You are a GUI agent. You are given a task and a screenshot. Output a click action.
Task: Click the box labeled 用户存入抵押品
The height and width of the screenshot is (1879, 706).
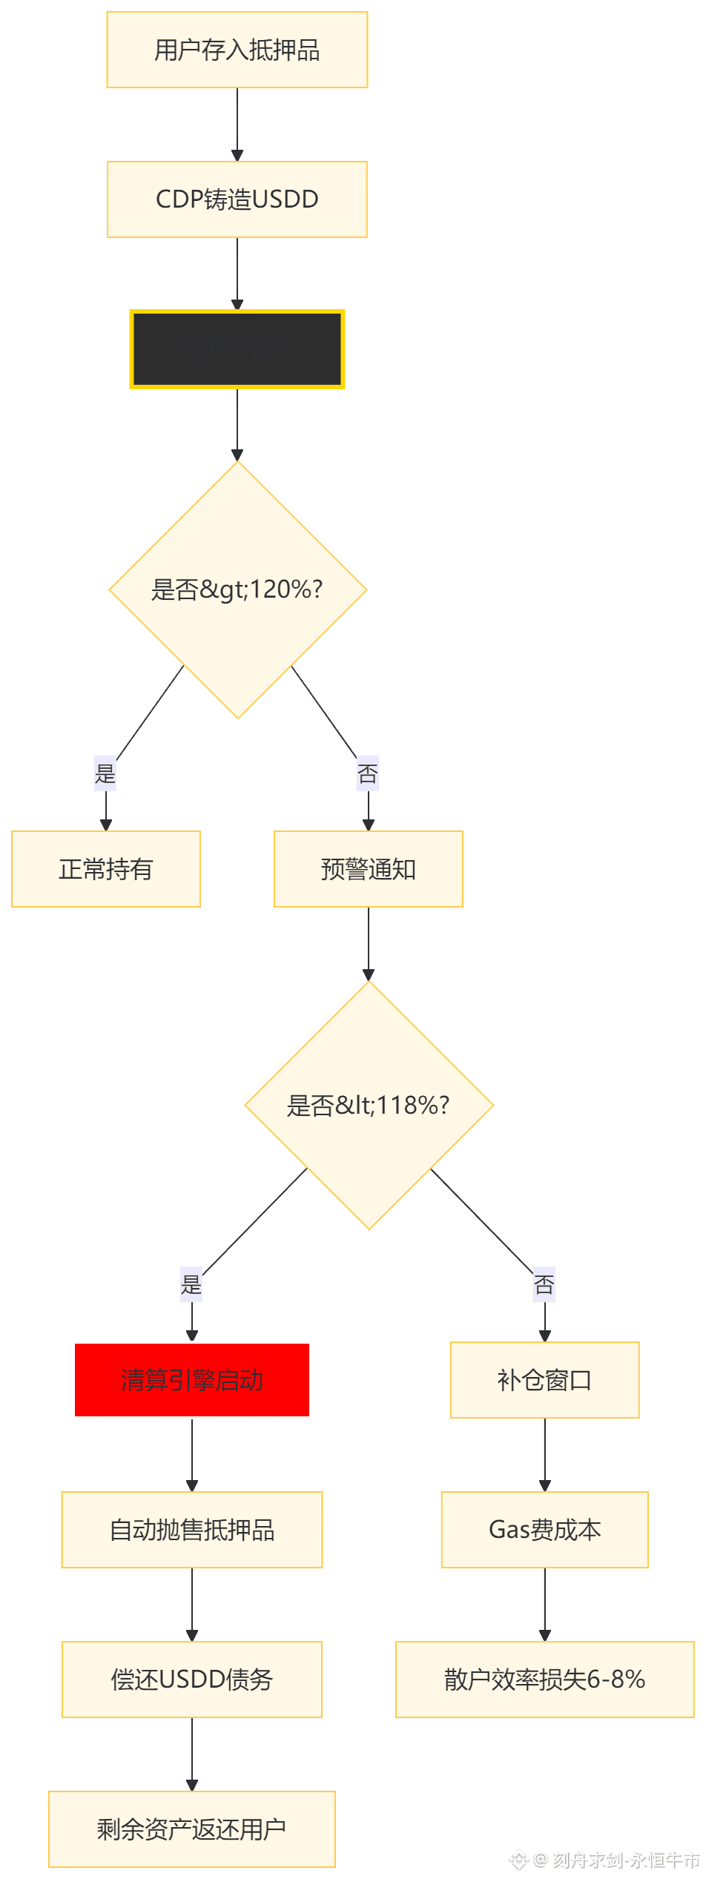(237, 50)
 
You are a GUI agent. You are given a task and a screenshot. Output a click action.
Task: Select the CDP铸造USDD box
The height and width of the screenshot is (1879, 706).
(237, 199)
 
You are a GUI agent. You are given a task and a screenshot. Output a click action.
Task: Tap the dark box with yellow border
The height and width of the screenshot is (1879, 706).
(237, 349)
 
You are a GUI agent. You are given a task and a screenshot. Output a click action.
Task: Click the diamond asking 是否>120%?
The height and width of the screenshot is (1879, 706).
(237, 590)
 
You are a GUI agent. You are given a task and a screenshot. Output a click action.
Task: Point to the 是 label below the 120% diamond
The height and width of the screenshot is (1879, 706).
(105, 773)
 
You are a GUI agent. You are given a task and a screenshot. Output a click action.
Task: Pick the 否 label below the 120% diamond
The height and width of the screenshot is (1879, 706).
(368, 773)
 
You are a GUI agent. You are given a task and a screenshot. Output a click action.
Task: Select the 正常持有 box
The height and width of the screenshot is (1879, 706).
(106, 869)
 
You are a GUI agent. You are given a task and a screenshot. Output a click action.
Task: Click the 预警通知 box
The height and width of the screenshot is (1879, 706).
(368, 869)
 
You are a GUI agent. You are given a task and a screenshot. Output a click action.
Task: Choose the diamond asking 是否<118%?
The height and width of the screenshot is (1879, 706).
(369, 1105)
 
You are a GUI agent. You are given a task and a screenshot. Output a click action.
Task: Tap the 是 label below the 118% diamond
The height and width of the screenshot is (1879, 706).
(191, 1284)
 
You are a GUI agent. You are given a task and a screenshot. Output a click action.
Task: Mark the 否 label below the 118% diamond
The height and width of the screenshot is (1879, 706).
(544, 1284)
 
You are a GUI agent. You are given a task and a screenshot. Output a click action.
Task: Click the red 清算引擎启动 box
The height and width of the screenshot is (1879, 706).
(192, 1380)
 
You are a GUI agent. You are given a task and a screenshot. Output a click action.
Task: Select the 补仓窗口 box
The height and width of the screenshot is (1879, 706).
(544, 1380)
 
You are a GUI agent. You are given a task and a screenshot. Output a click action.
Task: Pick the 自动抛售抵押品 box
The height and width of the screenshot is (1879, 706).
(192, 1530)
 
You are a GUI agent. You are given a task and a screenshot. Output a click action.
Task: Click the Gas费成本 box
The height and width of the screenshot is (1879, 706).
(544, 1530)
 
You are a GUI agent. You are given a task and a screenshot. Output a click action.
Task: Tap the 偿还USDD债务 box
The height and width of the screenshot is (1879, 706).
(192, 1680)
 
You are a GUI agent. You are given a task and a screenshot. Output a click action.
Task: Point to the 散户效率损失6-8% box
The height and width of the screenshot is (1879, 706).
(544, 1680)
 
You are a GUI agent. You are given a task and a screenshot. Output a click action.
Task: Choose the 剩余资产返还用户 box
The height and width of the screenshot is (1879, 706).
(192, 1829)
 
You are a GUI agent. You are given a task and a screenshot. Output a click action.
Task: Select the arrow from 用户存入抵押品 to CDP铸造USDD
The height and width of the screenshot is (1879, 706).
(237, 125)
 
